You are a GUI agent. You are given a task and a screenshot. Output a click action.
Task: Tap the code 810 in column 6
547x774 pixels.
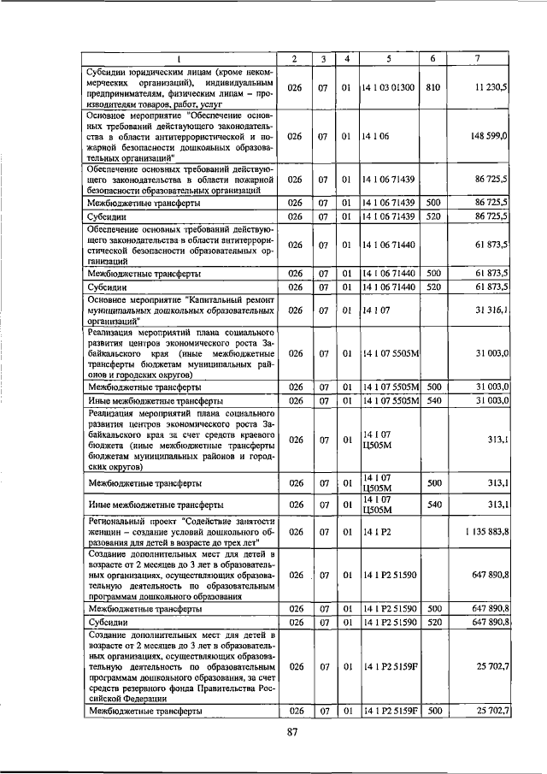point(433,87)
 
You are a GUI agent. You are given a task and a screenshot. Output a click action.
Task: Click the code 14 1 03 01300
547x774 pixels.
point(388,87)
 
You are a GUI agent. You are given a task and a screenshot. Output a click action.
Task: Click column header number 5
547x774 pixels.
point(388,58)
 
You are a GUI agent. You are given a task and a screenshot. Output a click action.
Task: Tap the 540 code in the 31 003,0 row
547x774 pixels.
point(433,400)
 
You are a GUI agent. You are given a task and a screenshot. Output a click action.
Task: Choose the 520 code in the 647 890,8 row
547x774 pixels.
point(433,623)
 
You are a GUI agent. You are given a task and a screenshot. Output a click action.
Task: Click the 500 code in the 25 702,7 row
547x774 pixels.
point(433,711)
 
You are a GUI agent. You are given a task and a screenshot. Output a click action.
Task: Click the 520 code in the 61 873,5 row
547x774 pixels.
point(433,287)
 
